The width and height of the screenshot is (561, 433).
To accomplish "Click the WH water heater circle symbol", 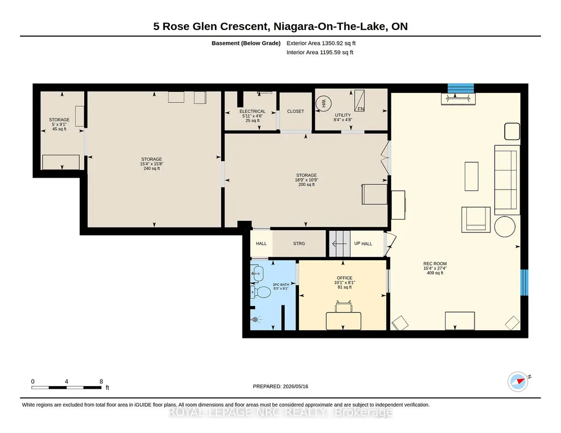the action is [323, 104].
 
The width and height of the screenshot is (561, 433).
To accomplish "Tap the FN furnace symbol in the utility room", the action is [360, 101].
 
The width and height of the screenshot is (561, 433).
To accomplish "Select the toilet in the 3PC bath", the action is [261, 292].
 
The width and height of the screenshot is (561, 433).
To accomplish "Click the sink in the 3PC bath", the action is [257, 274].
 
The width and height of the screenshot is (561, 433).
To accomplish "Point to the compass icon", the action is [518, 382].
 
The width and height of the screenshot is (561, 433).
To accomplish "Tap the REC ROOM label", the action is [435, 264].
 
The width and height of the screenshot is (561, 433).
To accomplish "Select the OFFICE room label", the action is [345, 278].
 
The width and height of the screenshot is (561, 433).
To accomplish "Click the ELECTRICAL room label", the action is [253, 112].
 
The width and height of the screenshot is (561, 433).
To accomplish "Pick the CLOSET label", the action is [296, 112].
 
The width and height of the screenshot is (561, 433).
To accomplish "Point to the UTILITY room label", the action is [343, 115].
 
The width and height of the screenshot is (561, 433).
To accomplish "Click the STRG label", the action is [299, 244].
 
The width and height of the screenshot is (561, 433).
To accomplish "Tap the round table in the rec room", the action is [505, 226].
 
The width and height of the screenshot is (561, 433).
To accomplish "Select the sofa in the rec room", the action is [507, 180].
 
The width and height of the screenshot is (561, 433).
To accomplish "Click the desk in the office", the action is [344, 321].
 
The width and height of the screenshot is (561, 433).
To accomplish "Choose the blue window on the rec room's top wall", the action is [461, 88].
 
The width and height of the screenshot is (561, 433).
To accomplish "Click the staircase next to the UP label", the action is [339, 244].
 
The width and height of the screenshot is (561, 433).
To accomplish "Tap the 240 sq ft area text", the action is [152, 168].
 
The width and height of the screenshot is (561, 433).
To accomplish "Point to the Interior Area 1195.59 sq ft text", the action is [320, 52].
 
